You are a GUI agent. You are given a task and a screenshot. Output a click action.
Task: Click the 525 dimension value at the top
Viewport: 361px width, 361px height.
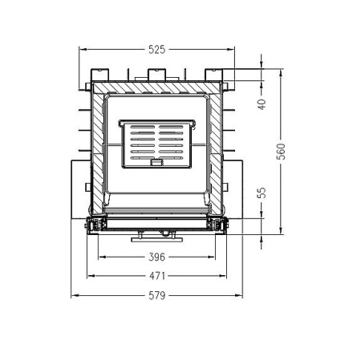[157, 50]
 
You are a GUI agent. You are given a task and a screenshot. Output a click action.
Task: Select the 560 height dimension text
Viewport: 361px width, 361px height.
[281, 152]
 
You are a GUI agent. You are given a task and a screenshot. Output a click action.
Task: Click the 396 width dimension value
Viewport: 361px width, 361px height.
[157, 257]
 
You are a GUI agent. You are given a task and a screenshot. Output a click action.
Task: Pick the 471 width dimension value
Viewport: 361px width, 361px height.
[157, 275]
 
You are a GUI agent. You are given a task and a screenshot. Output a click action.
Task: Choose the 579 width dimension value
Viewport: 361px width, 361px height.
[157, 295]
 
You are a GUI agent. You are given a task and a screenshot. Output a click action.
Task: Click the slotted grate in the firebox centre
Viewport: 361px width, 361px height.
[157, 144]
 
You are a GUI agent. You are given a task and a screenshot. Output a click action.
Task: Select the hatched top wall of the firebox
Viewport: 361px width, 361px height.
[157, 87]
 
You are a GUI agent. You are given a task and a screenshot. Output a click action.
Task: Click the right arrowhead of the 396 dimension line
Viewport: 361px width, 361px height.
[214, 257]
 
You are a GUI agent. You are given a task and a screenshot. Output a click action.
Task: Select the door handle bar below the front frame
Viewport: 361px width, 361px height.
[157, 234]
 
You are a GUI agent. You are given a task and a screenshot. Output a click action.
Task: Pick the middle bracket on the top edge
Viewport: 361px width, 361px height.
[157, 77]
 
